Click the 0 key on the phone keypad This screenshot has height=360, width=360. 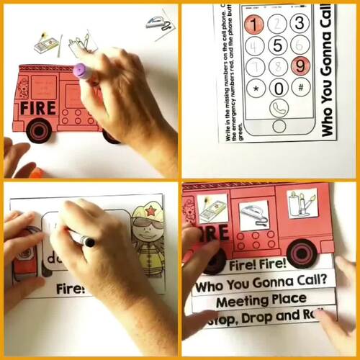(279, 89)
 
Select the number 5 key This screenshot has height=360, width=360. (279, 45)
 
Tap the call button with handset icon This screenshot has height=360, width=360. (279, 109)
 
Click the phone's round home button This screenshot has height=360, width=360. (278, 127)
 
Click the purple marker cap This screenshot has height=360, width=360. (80, 71)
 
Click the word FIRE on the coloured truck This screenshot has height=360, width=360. (39, 108)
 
